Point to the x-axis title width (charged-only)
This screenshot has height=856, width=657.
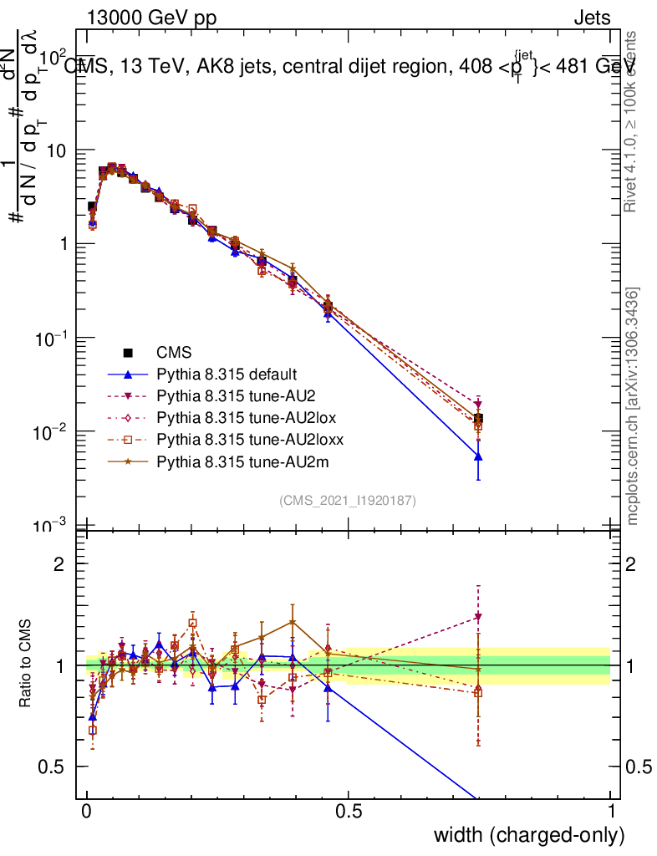pyautogui.click(x=529, y=834)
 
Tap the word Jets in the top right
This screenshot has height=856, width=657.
pyautogui.click(x=591, y=19)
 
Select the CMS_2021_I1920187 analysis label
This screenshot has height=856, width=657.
pyautogui.click(x=348, y=501)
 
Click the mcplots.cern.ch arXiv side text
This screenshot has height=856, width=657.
pyautogui.click(x=633, y=407)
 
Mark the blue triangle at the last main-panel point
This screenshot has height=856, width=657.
pyautogui.click(x=478, y=456)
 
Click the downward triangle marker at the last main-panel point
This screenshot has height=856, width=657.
pyautogui.click(x=478, y=405)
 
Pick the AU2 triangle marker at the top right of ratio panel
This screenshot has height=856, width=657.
pyautogui.click(x=478, y=617)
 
